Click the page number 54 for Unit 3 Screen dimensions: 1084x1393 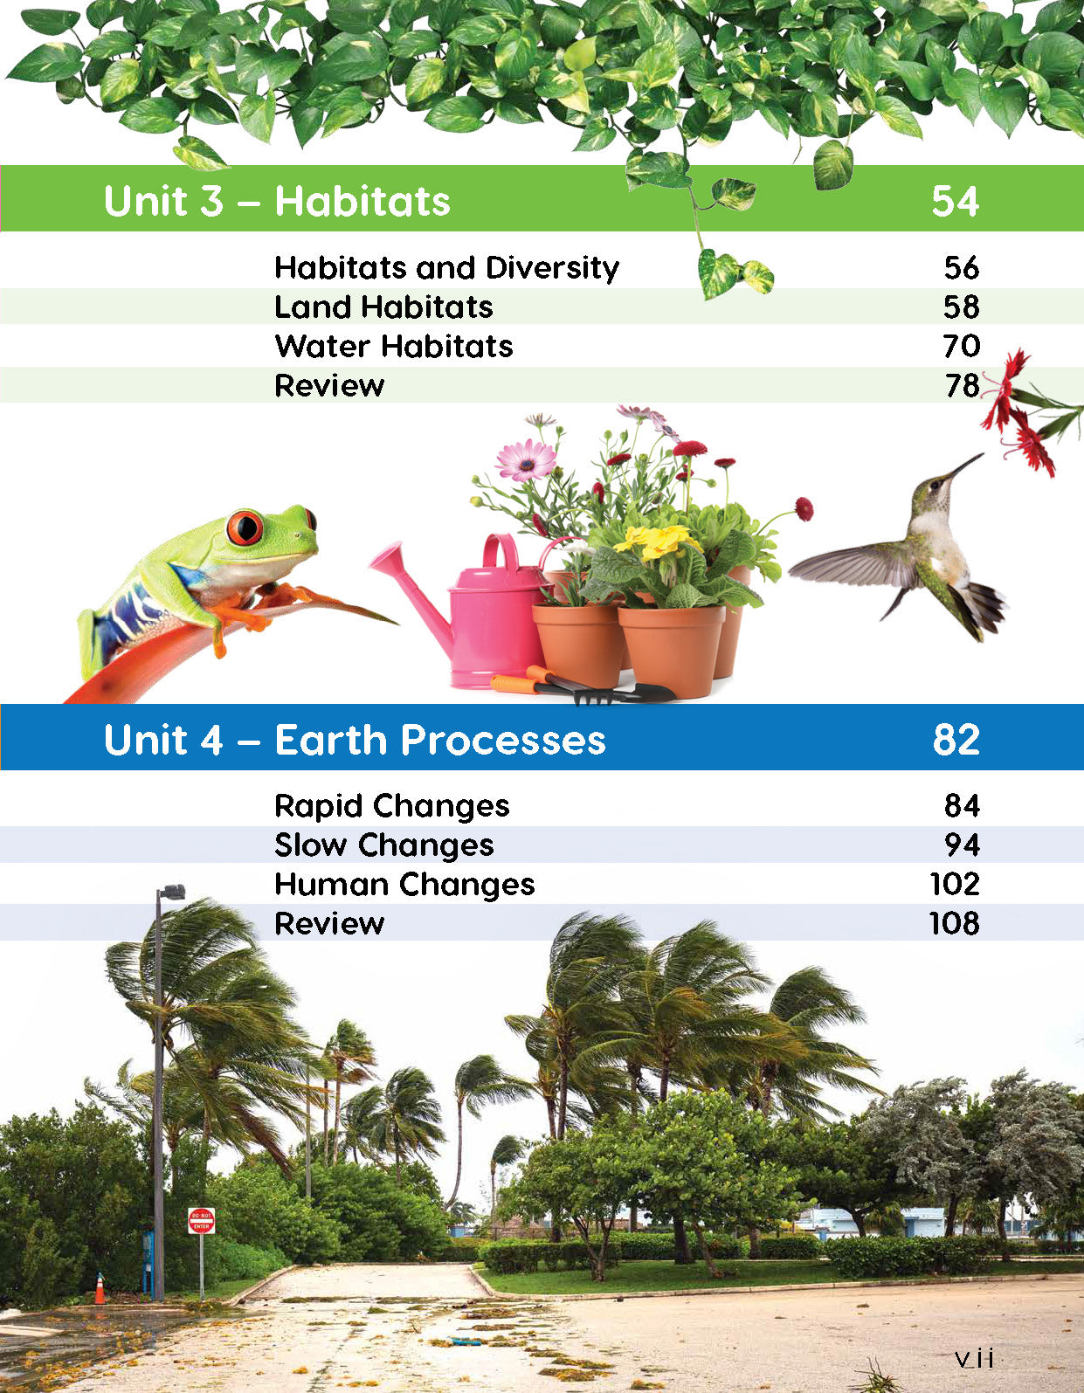point(955,201)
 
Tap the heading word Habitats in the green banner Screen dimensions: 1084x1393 point(362,201)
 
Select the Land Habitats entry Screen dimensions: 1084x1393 point(383,307)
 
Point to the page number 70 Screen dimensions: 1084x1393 point(962,346)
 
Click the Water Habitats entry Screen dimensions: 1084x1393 point(394,346)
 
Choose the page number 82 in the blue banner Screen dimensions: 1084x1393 point(956,739)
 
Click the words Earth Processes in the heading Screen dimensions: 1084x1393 point(439,740)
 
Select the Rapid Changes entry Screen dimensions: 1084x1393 point(391,806)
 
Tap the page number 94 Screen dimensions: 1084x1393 point(963,845)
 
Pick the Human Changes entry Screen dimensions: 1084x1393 point(404,886)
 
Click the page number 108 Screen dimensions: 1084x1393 point(955,924)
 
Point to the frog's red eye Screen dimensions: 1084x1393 point(245,527)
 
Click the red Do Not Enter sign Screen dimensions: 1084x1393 point(201,1221)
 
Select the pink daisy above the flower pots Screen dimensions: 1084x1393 point(527,460)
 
